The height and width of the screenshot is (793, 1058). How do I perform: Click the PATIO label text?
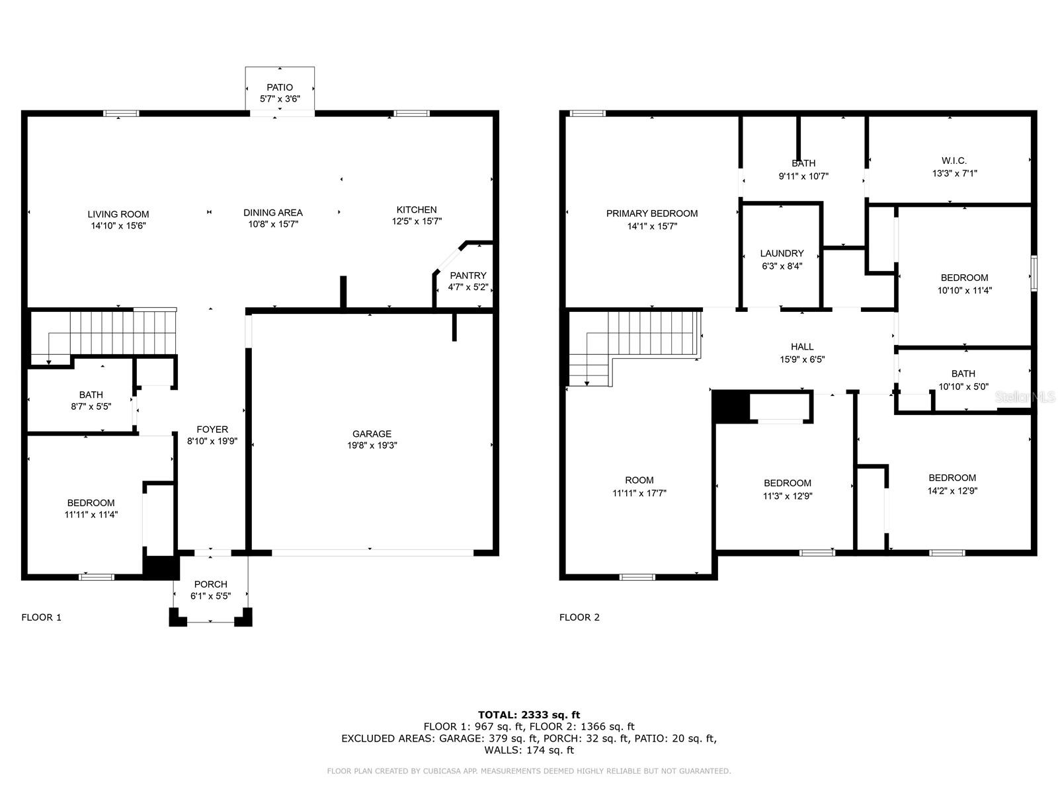click(279, 87)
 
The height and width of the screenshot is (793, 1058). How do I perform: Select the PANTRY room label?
click(468, 276)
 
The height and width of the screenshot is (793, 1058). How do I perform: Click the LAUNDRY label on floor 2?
click(782, 253)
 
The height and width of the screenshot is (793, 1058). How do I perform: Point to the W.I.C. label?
click(954, 161)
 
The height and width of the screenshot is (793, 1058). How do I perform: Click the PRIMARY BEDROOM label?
click(651, 213)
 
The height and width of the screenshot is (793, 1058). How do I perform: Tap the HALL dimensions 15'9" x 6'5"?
click(802, 359)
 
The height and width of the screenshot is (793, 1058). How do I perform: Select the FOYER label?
click(212, 429)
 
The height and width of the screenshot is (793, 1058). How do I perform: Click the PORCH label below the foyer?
click(210, 584)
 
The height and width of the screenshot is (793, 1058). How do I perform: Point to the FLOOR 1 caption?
click(41, 617)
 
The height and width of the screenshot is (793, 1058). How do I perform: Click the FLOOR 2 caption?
click(579, 617)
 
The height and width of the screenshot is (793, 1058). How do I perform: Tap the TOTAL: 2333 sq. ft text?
click(528, 714)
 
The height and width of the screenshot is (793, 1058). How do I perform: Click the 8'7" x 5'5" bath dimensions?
click(91, 406)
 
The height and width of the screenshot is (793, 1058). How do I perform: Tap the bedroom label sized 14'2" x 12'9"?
click(952, 478)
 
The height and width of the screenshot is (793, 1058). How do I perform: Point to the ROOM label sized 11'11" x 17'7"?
click(639, 480)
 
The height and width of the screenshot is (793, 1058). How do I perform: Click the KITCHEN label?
click(416, 209)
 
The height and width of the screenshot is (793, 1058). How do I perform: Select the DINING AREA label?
click(272, 212)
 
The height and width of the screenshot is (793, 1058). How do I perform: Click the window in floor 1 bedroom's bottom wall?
click(97, 577)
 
